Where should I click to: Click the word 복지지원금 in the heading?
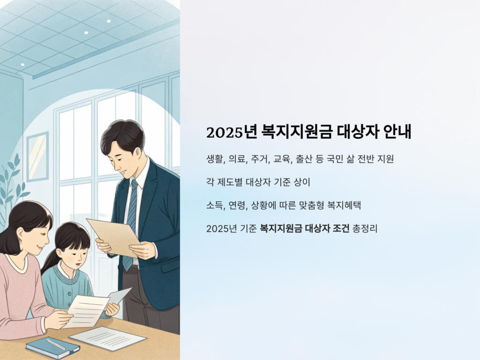pos(297,132)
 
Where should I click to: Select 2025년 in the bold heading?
pos(232,132)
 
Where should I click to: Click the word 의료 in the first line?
pos(238,159)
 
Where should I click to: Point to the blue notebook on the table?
pos(52,347)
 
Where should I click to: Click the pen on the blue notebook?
pos(56,345)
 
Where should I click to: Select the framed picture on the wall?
pos(38,157)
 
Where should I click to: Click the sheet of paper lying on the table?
pos(108,338)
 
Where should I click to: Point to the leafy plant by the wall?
pos(12,190)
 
